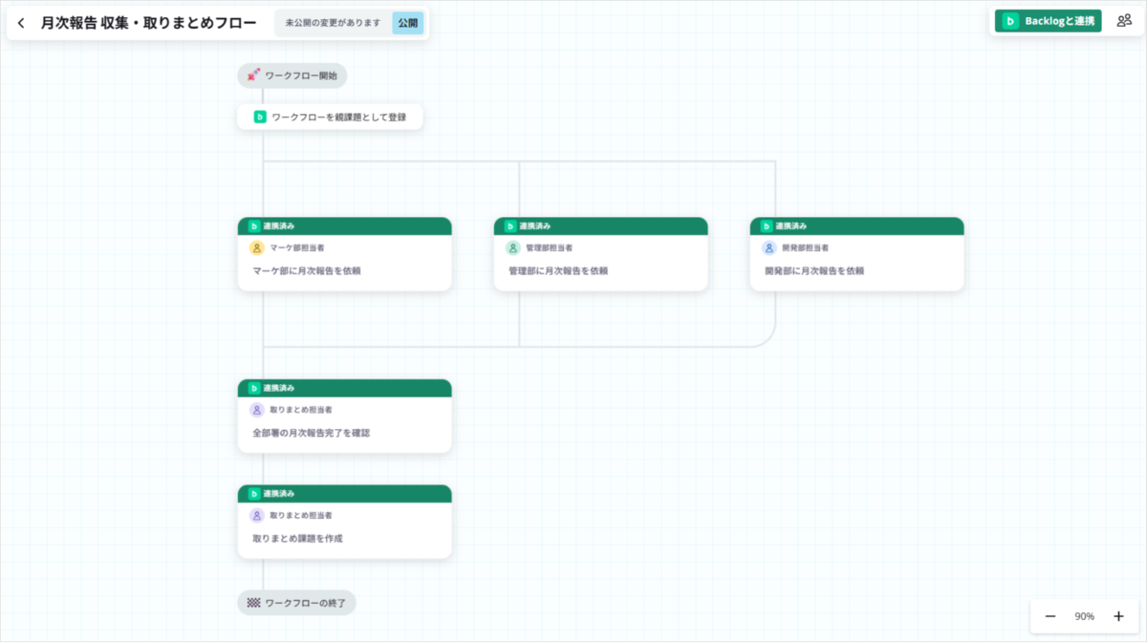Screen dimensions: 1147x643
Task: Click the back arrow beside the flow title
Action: [21, 23]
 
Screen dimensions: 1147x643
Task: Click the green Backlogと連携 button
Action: [1048, 21]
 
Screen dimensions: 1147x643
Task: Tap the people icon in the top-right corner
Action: [1124, 21]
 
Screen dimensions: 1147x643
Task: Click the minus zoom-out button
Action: [1050, 616]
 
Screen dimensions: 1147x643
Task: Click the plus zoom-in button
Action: [1119, 616]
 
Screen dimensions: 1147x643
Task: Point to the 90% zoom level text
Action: [1084, 616]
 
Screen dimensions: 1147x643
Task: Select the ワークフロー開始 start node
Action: [292, 75]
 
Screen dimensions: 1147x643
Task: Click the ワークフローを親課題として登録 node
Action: [330, 117]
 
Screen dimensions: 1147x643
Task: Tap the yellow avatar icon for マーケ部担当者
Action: [256, 247]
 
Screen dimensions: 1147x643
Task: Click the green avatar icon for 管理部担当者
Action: [512, 247]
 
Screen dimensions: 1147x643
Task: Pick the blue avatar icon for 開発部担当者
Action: [768, 247]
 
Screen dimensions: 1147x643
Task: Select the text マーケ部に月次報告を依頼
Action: [307, 270]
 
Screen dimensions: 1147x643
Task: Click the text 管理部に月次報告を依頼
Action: [558, 270]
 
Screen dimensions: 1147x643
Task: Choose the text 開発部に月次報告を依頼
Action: [814, 270]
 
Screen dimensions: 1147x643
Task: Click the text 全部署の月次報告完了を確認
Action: [312, 433]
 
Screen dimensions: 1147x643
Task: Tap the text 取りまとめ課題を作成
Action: [297, 539]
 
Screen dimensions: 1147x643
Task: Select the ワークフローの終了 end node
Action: [296, 603]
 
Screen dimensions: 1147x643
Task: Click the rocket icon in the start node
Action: [253, 75]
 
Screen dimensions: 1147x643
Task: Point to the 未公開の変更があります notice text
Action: [333, 23]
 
